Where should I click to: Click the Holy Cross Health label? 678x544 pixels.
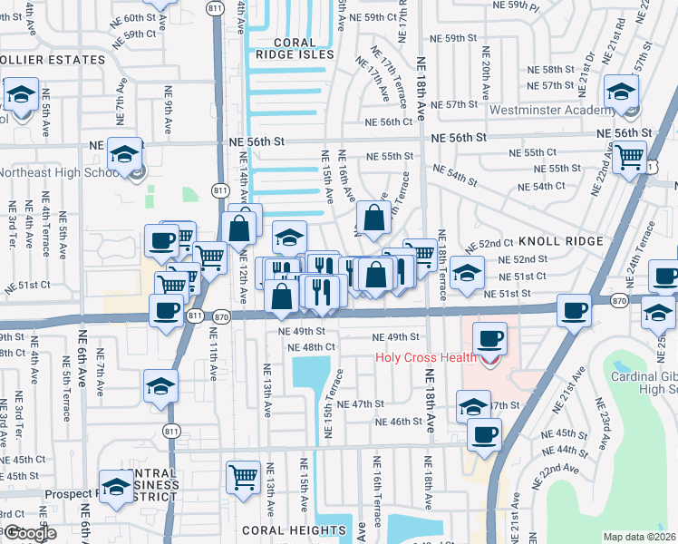tap(426, 357)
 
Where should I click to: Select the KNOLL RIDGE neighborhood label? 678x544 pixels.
tap(560, 241)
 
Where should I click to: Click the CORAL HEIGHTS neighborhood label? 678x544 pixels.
tap(282, 529)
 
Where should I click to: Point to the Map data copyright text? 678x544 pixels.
tap(640, 537)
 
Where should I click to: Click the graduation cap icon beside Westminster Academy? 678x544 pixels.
tap(622, 92)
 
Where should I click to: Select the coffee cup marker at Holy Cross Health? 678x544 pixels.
tap(490, 340)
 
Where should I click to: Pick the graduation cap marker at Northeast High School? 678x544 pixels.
tap(123, 153)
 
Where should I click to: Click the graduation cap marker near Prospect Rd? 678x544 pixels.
tap(115, 487)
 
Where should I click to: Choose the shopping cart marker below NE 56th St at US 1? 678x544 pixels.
tap(628, 157)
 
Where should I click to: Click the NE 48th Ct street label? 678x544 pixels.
tap(311, 347)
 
